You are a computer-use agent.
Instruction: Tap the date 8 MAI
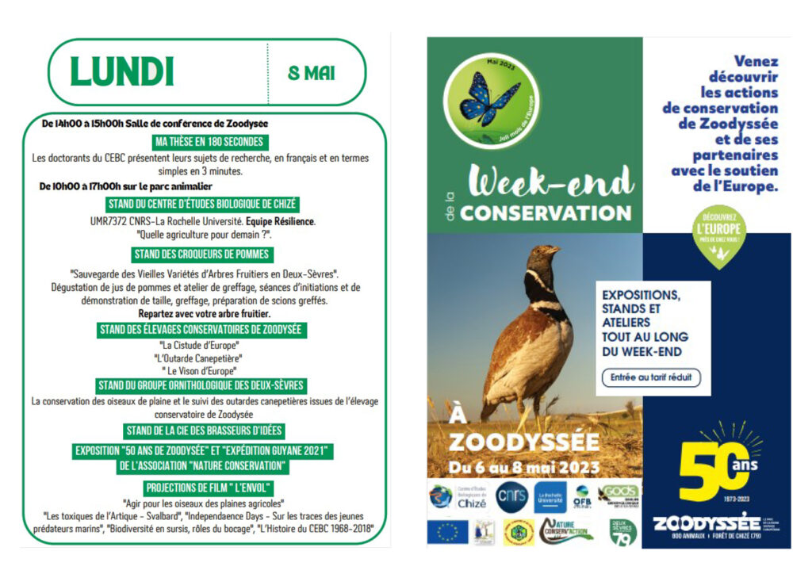[311, 74]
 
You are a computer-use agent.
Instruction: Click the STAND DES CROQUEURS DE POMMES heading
[203, 254]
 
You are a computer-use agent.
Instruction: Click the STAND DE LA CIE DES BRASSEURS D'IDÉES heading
[204, 430]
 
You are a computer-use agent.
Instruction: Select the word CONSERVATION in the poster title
[546, 213]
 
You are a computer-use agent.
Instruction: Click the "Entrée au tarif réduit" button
[651, 377]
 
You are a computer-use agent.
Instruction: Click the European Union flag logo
[447, 531]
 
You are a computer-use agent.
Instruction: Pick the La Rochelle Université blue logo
[550, 497]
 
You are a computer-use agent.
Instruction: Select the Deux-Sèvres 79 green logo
[623, 531]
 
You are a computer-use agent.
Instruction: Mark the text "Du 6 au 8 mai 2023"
[524, 467]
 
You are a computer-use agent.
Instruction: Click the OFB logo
[583, 496]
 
